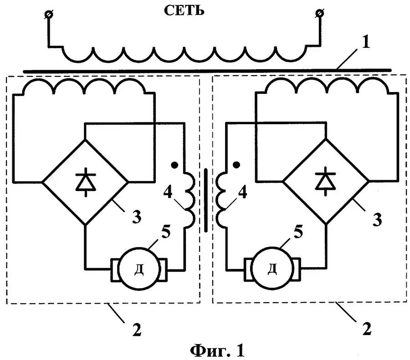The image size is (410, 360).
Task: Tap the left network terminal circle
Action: click(48, 15)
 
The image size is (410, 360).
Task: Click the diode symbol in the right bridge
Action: click(326, 178)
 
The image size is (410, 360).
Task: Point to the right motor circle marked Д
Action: click(272, 269)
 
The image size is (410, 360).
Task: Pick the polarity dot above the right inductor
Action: click(236, 164)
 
